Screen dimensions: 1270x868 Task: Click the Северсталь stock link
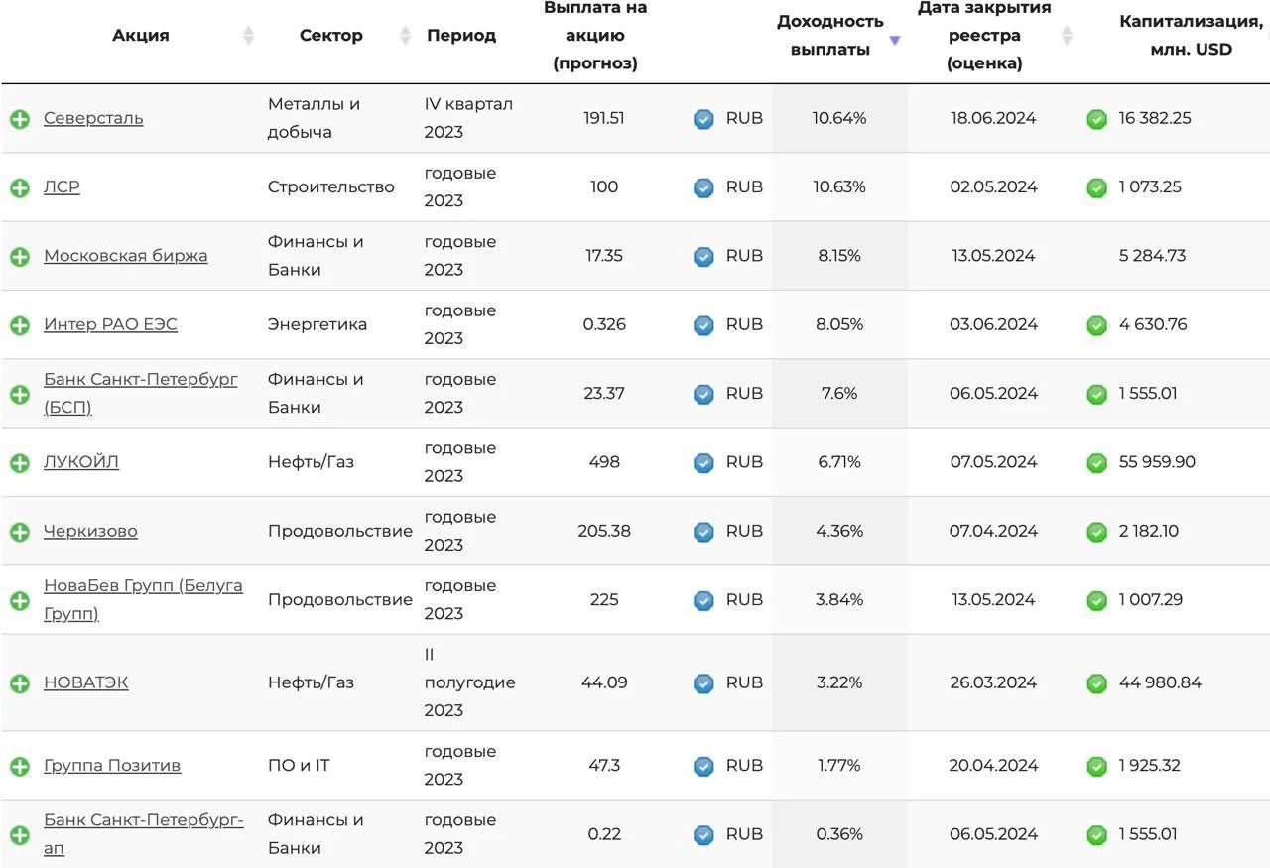click(93, 118)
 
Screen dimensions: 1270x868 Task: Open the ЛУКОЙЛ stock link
click(81, 462)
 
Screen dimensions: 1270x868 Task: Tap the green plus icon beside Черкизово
click(20, 532)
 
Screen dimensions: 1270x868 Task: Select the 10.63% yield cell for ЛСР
click(839, 187)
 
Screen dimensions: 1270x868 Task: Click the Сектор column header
click(330, 35)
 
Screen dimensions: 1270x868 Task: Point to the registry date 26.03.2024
click(993, 682)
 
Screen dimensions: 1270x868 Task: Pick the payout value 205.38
click(604, 531)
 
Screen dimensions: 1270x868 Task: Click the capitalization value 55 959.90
click(1157, 462)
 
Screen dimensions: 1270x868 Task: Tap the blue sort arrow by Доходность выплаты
click(895, 41)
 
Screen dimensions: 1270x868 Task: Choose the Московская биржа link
click(125, 256)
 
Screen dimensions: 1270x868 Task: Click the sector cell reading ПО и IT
click(299, 766)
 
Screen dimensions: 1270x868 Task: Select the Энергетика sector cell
click(317, 324)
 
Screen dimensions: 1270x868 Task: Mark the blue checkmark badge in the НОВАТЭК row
click(703, 683)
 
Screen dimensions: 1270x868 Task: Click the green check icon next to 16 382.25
click(1096, 119)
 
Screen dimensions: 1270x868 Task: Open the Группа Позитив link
click(112, 766)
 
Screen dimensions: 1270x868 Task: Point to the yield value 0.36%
click(839, 834)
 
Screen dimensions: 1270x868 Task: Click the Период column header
click(461, 35)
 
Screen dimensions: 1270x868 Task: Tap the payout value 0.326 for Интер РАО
click(604, 324)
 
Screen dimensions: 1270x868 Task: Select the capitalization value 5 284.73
click(1152, 256)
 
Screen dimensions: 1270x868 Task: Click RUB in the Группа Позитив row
click(744, 766)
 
